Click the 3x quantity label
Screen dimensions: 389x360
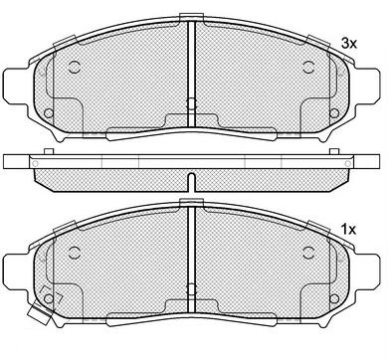[x=349, y=44]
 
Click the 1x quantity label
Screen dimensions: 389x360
[x=349, y=229]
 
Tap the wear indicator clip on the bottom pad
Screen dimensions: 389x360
[x=40, y=314]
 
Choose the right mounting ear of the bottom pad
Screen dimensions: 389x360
[x=366, y=270]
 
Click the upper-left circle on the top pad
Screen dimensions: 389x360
[x=75, y=67]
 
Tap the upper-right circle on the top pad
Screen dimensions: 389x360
[x=309, y=67]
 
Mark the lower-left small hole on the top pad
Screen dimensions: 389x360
[x=49, y=113]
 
